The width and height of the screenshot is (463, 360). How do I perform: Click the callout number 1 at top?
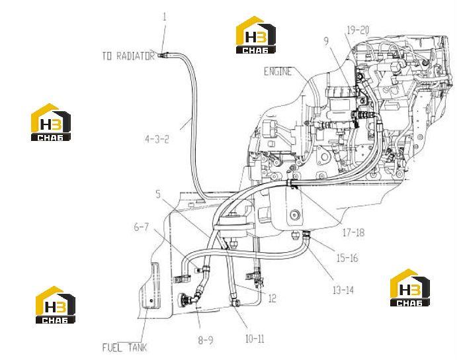click(165, 17)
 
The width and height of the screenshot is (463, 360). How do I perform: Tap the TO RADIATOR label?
click(128, 56)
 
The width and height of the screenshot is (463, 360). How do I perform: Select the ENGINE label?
click(278, 71)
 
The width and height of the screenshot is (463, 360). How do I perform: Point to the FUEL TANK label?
click(124, 347)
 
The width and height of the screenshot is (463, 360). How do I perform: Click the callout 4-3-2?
click(157, 139)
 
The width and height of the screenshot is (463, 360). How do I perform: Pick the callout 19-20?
click(358, 30)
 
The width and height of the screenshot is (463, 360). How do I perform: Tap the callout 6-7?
click(142, 227)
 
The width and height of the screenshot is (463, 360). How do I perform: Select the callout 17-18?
click(353, 232)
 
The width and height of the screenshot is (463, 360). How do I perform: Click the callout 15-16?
click(347, 258)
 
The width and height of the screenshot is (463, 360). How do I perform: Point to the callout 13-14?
click(343, 290)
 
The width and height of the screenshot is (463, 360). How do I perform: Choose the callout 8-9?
click(206, 340)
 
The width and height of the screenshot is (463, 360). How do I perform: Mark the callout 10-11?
click(255, 339)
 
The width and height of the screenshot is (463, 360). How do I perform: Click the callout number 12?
click(273, 298)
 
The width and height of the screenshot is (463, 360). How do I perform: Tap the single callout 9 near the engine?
click(326, 41)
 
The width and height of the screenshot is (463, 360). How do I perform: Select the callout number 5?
click(158, 194)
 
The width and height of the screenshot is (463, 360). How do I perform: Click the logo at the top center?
click(256, 35)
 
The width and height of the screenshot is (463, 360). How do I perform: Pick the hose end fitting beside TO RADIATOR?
click(163, 54)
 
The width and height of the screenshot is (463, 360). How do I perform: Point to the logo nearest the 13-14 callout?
click(410, 287)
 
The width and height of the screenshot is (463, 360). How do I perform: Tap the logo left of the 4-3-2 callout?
click(51, 122)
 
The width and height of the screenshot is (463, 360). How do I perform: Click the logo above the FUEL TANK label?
click(56, 305)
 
